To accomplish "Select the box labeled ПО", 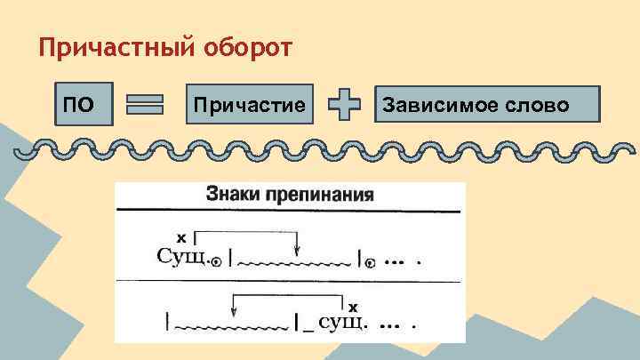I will pyautogui.click(x=84, y=106).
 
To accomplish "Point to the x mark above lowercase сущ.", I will pyautogui.click(x=353, y=305).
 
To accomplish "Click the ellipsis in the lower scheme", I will pyautogui.click(x=388, y=324).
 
